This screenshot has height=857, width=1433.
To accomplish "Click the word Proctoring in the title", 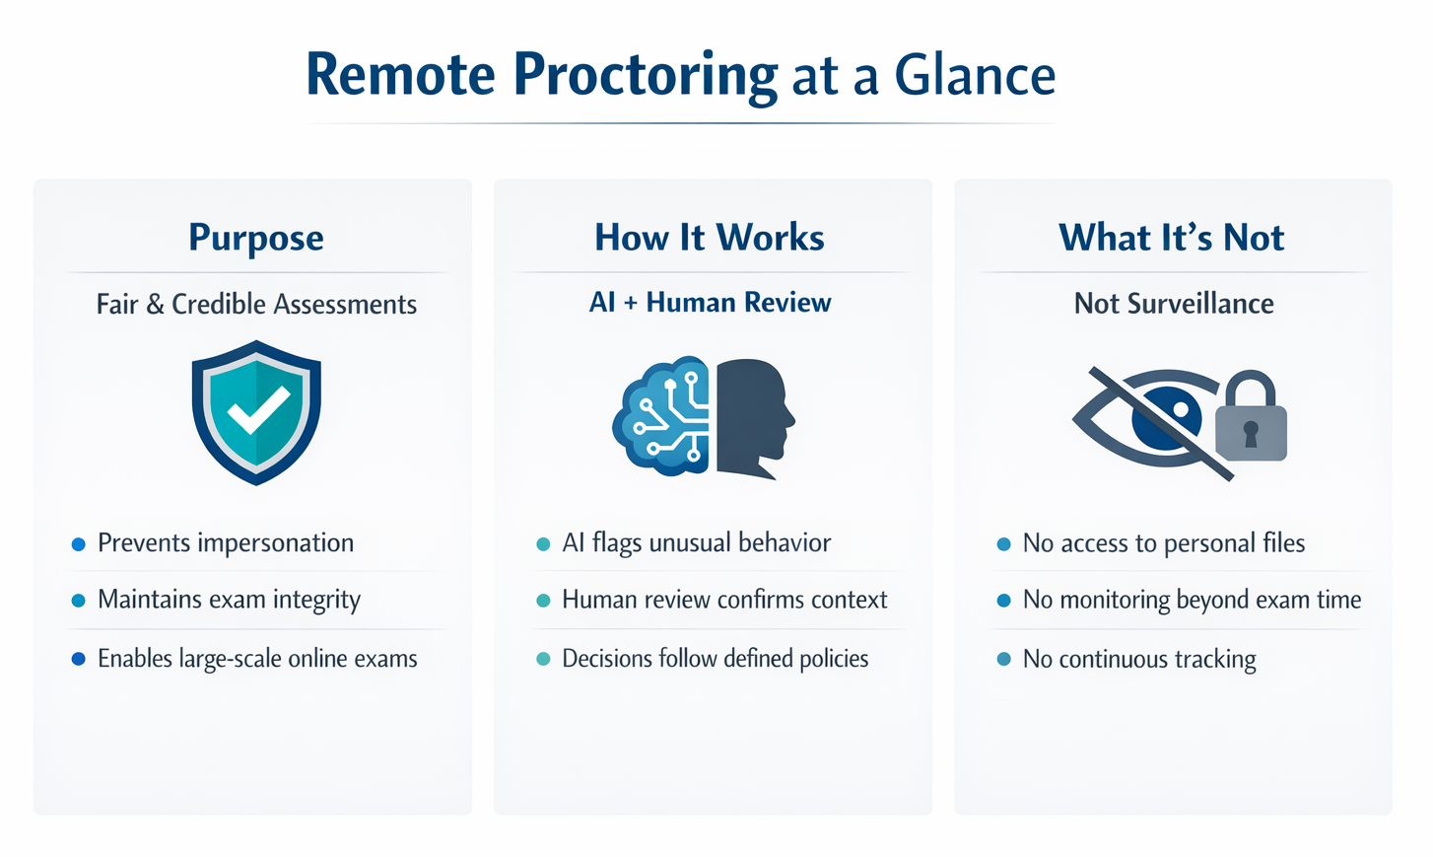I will (x=646, y=76).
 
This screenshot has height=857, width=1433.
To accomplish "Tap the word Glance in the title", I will (x=975, y=76).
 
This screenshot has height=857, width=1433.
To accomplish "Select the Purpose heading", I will (x=256, y=238).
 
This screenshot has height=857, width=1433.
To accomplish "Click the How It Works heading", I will (x=710, y=238).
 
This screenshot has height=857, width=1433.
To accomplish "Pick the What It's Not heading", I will (x=1172, y=238).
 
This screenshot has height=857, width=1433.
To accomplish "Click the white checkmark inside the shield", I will (x=258, y=411).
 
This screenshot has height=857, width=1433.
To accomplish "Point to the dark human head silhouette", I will (x=751, y=416).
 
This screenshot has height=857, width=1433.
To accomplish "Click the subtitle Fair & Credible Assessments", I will (x=256, y=304).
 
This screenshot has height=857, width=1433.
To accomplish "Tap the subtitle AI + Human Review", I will (x=710, y=303).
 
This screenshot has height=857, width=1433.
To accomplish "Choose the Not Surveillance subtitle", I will (x=1173, y=304).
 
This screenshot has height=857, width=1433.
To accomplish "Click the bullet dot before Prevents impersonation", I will (x=79, y=544).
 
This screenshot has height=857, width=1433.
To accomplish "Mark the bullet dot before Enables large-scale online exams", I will (x=79, y=659).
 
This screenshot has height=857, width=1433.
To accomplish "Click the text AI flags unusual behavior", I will (x=696, y=543).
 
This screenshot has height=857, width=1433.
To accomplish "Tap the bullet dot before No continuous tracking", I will (x=1003, y=659).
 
